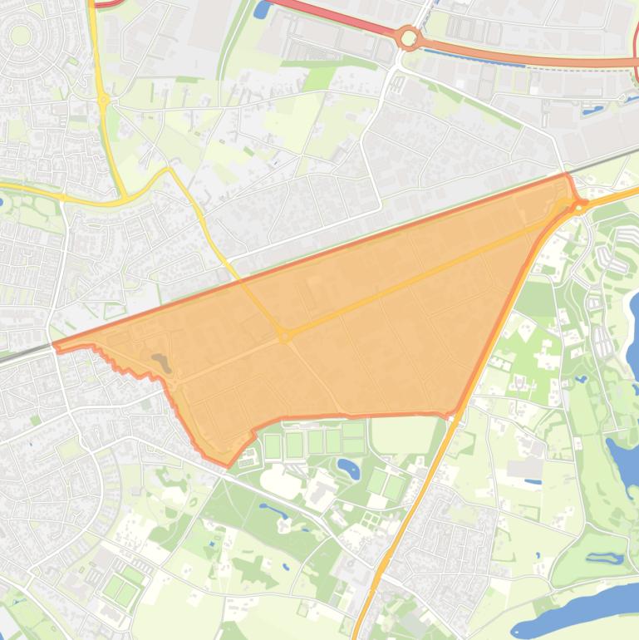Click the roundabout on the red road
408,37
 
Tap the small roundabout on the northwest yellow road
104,100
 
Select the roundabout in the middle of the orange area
285,337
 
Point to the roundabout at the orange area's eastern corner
578,205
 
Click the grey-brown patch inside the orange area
160,362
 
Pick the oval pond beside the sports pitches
349,468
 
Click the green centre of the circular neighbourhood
20,35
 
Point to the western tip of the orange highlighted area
54,346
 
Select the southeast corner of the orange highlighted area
455,414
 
